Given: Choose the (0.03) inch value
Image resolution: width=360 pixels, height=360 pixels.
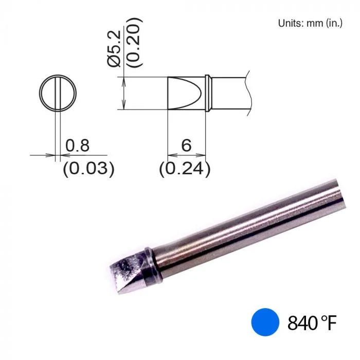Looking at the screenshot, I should [x=88, y=169].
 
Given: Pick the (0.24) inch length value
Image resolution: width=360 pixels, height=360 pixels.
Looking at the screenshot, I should [x=185, y=169].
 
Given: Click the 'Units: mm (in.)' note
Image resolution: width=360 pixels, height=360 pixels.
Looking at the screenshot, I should [x=310, y=23].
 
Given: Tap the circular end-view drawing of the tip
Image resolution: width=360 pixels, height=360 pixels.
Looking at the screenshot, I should [x=58, y=94].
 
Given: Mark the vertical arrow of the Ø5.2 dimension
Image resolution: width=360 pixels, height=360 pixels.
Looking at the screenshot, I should [x=123, y=93].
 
